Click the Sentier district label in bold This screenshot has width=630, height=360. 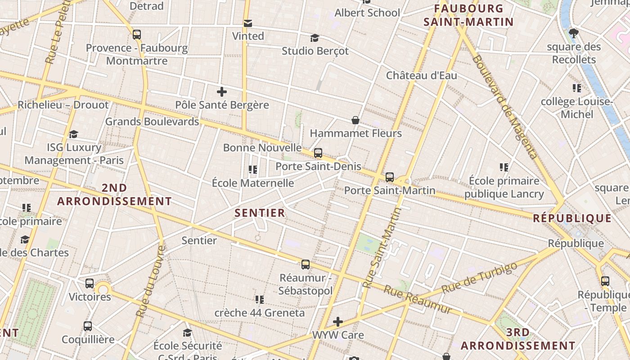[x=260, y=213]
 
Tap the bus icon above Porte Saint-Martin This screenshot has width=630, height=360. [x=390, y=177]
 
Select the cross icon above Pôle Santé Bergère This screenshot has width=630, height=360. [x=221, y=92]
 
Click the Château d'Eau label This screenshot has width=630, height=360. [x=421, y=75]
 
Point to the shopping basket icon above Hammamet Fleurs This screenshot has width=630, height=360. [x=355, y=120]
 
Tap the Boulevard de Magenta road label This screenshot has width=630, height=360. [x=505, y=107]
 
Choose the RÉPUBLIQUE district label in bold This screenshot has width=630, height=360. [x=572, y=219]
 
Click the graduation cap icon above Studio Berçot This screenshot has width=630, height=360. [x=315, y=38]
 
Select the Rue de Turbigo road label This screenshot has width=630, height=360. [x=479, y=278]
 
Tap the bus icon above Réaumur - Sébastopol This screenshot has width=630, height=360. [x=306, y=265]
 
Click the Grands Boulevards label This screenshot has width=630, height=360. [x=152, y=121]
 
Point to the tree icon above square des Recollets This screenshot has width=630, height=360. [x=573, y=33]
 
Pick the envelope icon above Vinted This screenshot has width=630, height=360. [x=247, y=23]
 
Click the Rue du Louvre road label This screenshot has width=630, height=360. [x=150, y=282]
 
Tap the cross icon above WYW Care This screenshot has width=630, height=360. [x=338, y=322]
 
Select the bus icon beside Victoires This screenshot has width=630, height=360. [x=90, y=283]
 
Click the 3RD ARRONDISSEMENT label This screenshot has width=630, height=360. [x=517, y=339]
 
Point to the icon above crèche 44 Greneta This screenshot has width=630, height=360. [x=259, y=299]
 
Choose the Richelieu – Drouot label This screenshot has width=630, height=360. [x=63, y=105]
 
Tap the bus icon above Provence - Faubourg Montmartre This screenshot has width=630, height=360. [x=137, y=35]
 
